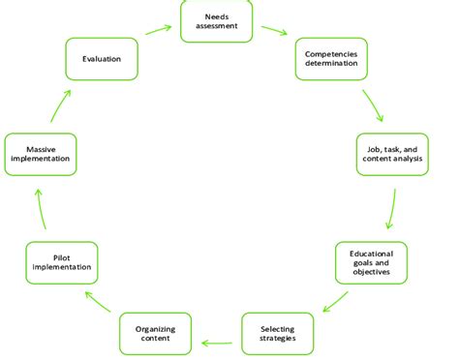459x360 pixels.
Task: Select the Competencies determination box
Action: (x=332, y=59)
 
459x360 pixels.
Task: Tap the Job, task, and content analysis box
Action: (x=391, y=153)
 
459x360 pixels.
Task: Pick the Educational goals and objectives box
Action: (x=371, y=262)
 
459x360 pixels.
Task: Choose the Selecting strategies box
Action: (x=277, y=333)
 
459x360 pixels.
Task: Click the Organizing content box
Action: (x=155, y=333)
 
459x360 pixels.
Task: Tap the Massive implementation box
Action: (x=40, y=153)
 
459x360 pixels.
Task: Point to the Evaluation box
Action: (x=101, y=59)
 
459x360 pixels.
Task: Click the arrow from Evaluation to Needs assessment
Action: (x=159, y=30)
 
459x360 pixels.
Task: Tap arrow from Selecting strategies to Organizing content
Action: (x=219, y=340)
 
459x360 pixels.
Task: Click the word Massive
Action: (x=40, y=147)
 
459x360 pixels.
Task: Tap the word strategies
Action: (x=277, y=339)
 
